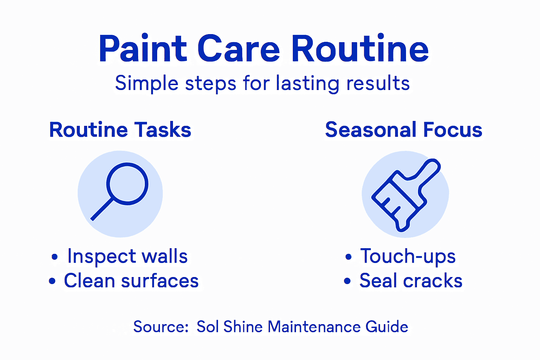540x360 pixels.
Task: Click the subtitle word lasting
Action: click(x=307, y=84)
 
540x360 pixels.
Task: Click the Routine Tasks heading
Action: click(x=120, y=130)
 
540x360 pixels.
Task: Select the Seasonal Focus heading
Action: click(x=404, y=130)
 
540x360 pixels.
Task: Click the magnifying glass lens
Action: click(x=127, y=184)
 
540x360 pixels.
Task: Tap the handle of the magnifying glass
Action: click(x=102, y=210)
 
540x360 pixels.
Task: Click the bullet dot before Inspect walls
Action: click(x=54, y=257)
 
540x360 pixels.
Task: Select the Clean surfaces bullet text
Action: click(x=131, y=281)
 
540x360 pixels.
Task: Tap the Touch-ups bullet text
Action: click(x=408, y=256)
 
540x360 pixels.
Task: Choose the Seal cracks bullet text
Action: click(x=411, y=281)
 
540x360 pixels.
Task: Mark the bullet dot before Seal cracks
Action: click(x=347, y=281)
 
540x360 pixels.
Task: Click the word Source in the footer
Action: click(x=161, y=327)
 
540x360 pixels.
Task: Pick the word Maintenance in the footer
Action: click(x=314, y=327)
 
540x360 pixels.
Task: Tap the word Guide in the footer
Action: click(x=387, y=327)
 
